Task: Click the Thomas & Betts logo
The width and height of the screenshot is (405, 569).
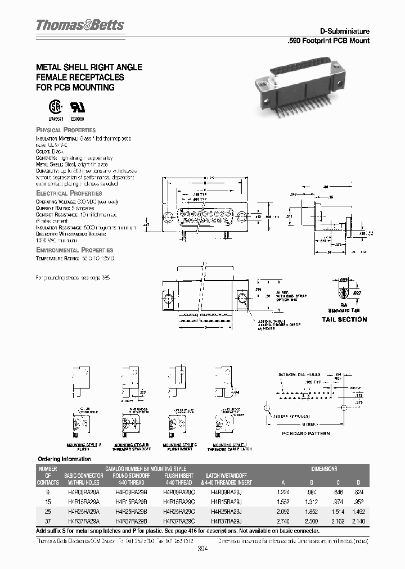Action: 80,25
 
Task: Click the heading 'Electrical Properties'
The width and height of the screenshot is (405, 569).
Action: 69,193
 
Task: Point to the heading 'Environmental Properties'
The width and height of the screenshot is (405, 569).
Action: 74,250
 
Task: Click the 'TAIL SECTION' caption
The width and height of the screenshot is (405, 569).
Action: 344,319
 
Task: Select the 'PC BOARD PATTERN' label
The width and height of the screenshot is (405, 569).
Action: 305,433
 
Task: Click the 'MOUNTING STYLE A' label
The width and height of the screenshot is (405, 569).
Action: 84,445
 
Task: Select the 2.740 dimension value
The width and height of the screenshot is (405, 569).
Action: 283,521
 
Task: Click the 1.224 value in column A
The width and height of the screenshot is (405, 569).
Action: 283,491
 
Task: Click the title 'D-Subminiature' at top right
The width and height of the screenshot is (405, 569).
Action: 344,32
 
